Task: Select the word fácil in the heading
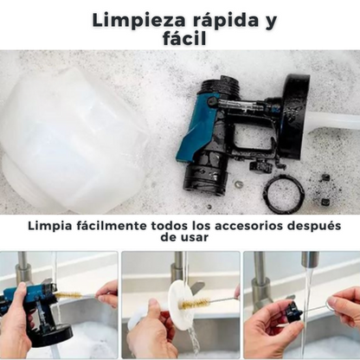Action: click(184, 38)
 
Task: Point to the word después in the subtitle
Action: click(315, 227)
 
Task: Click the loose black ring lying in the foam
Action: click(284, 193)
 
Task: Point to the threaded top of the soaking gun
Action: click(222, 87)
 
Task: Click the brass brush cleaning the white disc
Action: click(192, 304)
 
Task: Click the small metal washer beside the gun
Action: click(239, 183)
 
